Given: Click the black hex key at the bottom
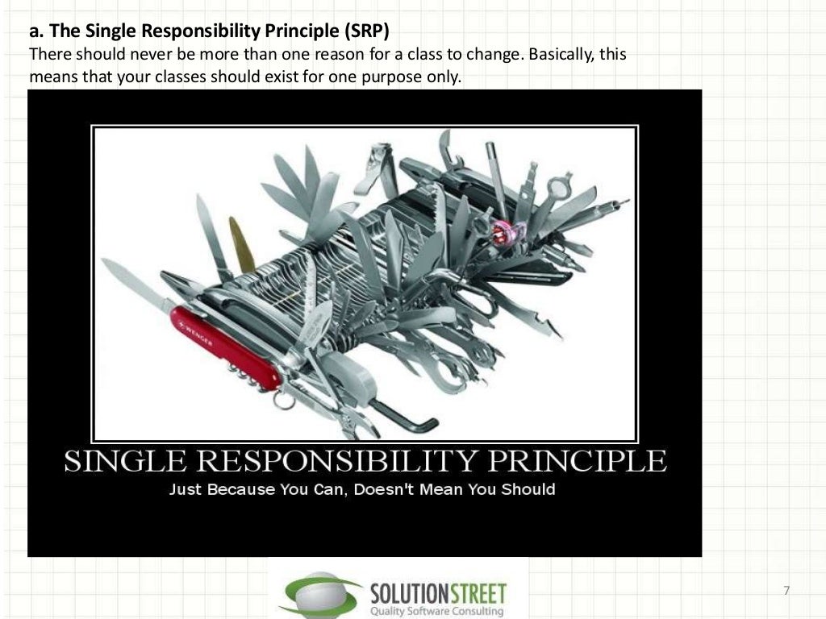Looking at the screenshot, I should tap(404, 416).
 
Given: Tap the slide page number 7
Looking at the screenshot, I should tap(786, 591).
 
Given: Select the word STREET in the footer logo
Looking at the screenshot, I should tap(472, 594).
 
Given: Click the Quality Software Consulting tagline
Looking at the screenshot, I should tap(436, 611).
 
